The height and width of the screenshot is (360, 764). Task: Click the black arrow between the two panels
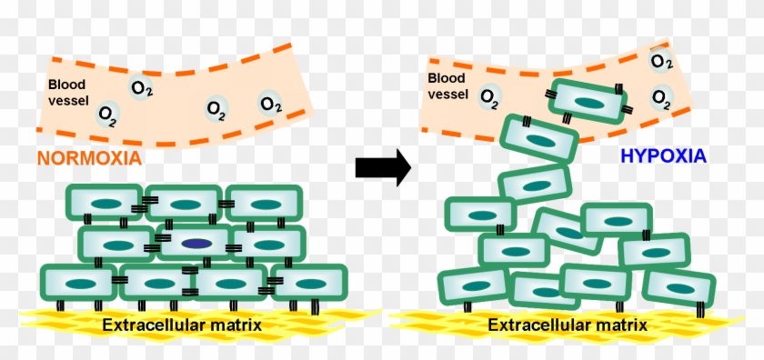click(x=383, y=169)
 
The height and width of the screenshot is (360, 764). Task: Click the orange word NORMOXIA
click(x=88, y=158)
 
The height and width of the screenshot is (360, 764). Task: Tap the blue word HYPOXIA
click(x=663, y=156)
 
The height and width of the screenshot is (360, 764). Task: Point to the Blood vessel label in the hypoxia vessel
click(x=447, y=85)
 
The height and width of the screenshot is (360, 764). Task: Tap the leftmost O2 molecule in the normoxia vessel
click(x=107, y=115)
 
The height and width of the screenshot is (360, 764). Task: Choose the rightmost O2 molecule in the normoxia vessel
click(x=269, y=102)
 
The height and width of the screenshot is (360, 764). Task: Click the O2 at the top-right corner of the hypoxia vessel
click(x=661, y=61)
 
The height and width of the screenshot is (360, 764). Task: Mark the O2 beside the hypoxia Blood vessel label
click(x=489, y=95)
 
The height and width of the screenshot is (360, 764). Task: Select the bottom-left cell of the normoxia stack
click(x=79, y=283)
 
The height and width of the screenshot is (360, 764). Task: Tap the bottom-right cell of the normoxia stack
click(x=309, y=283)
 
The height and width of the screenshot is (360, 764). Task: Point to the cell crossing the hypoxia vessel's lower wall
click(x=539, y=140)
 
